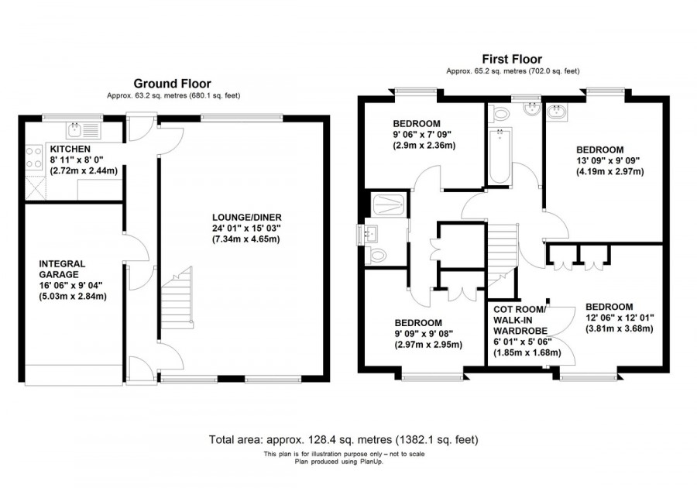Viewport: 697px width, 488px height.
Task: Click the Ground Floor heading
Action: click(172, 84)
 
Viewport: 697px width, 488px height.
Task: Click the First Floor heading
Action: click(512, 59)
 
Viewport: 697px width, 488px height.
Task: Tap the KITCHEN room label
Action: click(70, 149)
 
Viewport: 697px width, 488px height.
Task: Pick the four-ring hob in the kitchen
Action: click(34, 158)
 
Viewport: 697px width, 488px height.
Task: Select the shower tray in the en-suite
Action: click(387, 204)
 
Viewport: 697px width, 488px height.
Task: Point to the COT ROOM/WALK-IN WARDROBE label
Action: click(520, 322)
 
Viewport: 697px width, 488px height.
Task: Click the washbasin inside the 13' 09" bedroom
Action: click(556, 115)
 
